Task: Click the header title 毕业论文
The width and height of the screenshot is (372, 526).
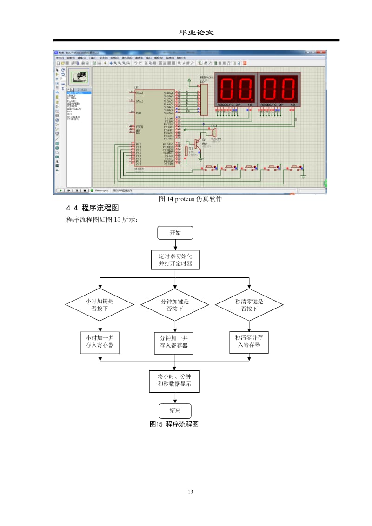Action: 196,33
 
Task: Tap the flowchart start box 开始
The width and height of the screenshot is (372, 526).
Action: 175,233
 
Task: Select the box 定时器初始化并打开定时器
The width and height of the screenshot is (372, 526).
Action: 175,260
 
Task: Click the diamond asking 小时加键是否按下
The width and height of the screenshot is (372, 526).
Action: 100,305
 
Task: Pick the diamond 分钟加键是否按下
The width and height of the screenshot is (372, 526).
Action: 175,305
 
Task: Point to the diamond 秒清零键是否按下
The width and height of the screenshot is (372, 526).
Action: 249,305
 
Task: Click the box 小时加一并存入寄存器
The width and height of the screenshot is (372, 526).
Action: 100,342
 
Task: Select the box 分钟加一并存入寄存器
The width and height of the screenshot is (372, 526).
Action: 174,342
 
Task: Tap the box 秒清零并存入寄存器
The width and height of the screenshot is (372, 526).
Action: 249,342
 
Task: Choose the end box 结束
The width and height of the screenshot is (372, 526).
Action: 175,411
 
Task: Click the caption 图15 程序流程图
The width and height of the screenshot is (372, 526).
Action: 174,424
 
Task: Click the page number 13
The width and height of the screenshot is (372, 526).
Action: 190,492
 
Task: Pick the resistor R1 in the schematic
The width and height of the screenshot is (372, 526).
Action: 186,151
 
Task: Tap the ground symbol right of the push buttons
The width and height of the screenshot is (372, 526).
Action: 304,175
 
